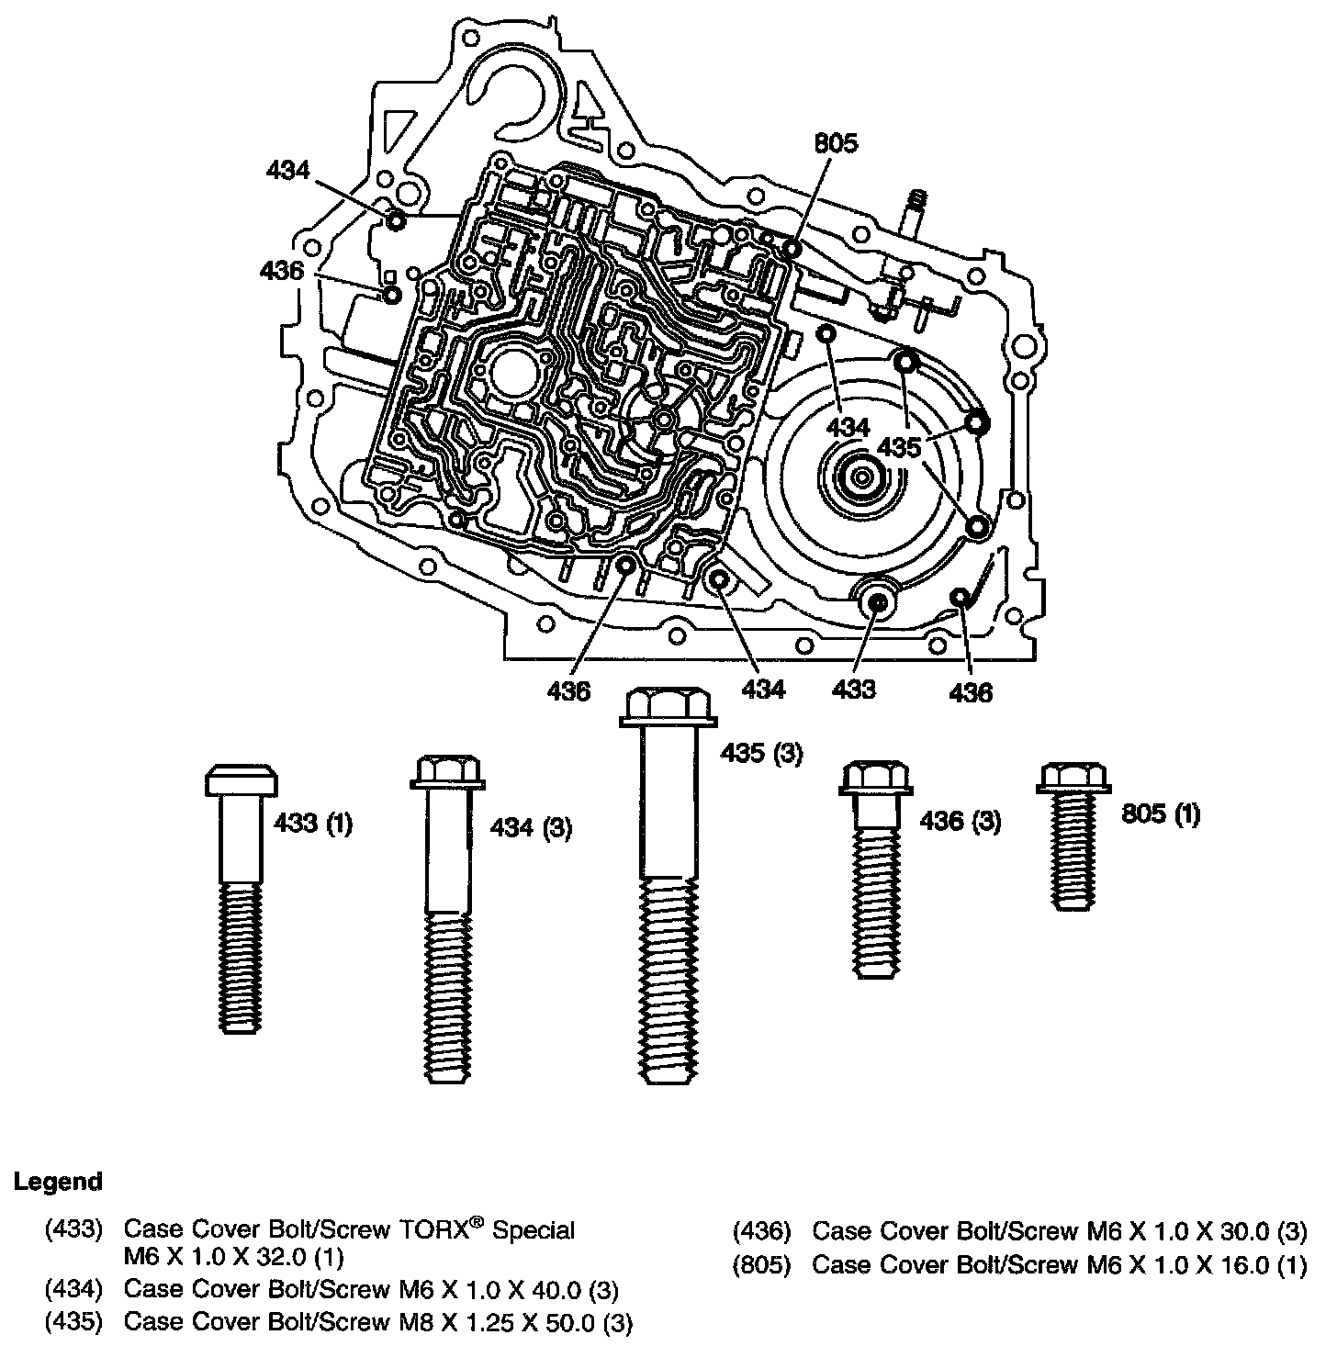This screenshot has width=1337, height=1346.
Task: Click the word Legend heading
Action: (x=58, y=1182)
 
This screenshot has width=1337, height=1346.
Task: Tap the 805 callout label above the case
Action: (x=835, y=143)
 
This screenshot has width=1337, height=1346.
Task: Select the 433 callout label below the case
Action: (x=854, y=689)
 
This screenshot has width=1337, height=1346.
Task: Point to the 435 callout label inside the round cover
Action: (x=899, y=448)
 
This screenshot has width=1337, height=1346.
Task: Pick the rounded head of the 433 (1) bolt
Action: (x=241, y=781)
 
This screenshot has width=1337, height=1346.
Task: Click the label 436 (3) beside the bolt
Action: (x=961, y=820)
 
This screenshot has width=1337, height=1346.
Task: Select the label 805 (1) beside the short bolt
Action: (x=1161, y=813)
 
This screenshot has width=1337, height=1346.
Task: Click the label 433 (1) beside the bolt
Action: (x=313, y=823)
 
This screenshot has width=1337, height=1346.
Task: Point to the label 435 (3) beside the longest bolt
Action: (x=760, y=753)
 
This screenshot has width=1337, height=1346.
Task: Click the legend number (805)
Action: (x=761, y=1265)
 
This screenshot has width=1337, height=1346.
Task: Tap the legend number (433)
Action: (x=73, y=1229)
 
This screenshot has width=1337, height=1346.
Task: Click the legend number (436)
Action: (x=761, y=1230)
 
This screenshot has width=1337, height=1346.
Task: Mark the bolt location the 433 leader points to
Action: (x=877, y=601)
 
